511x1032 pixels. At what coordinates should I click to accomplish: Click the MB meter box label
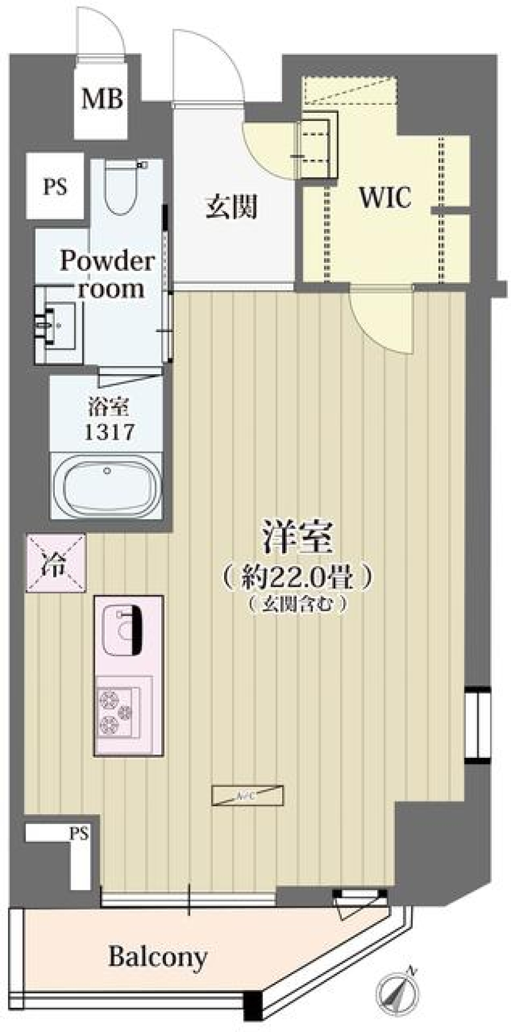click(102, 99)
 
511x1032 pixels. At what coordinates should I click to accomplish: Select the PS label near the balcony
click(78, 833)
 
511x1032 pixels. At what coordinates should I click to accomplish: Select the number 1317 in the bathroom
click(109, 432)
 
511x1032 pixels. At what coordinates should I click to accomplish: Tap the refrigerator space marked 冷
click(55, 563)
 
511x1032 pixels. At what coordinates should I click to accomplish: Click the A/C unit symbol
click(248, 796)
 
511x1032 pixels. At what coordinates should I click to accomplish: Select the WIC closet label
click(385, 199)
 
